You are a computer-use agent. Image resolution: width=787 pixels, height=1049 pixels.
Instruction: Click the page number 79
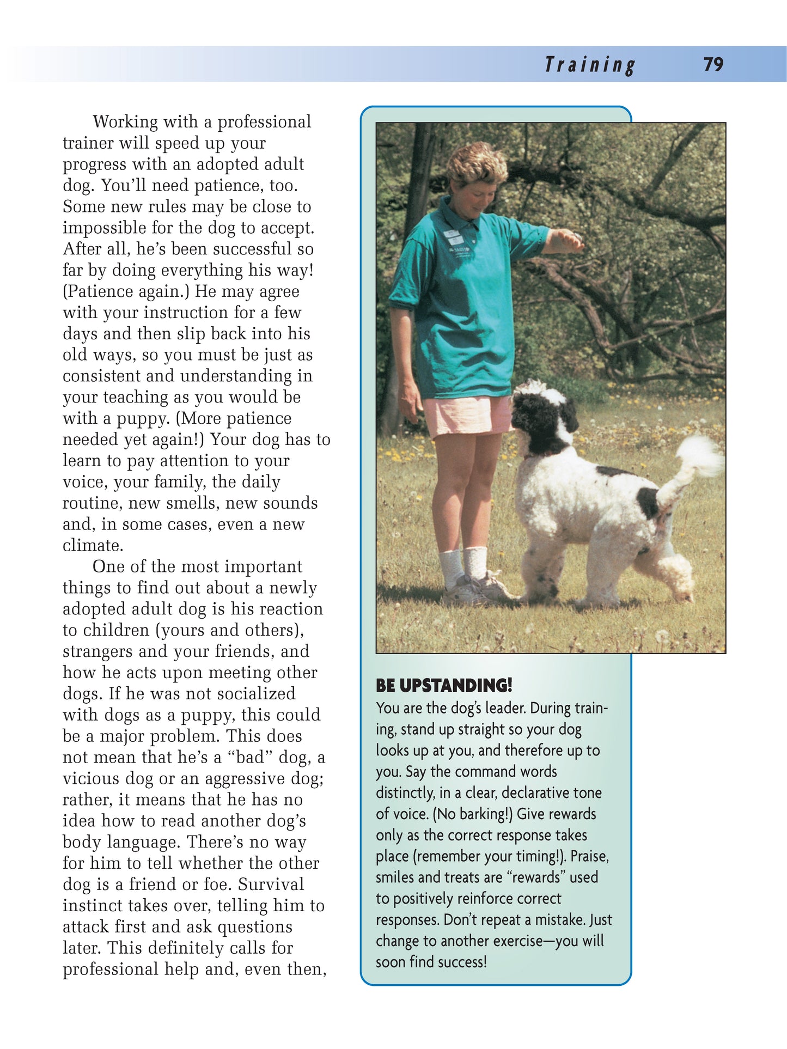(713, 64)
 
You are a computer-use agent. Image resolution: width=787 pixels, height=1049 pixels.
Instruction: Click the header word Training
(590, 65)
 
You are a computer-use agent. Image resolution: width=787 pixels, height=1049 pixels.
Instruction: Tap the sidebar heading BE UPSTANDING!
(444, 685)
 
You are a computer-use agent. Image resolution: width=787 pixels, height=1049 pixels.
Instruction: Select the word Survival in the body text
(271, 885)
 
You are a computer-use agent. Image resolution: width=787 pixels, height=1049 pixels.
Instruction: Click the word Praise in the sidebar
(589, 857)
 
